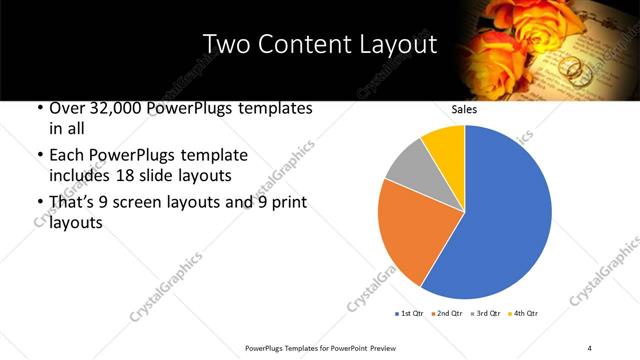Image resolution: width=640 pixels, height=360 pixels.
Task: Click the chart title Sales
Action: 464,109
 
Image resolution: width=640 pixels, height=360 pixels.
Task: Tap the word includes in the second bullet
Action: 78,176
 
